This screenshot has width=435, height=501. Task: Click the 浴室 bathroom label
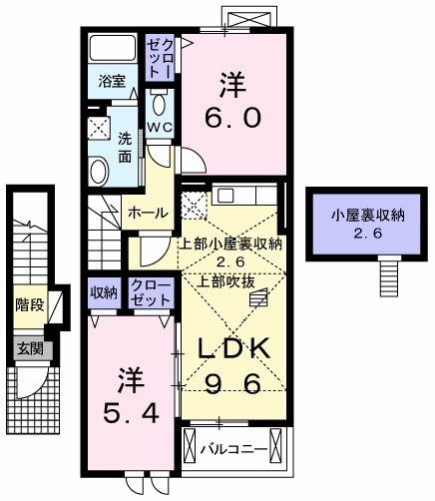click(112, 80)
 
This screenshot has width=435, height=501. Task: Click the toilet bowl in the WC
click(160, 103)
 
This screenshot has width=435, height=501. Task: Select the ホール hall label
click(147, 212)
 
